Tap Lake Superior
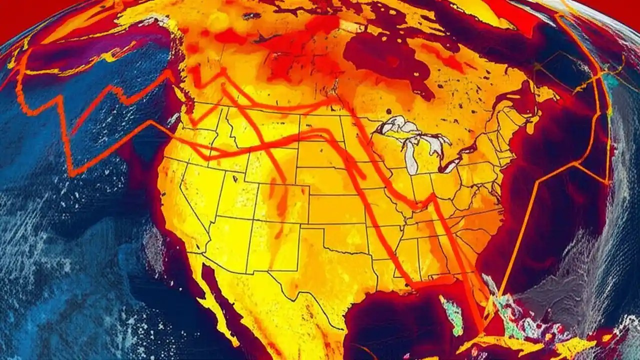400,125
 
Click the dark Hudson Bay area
385,60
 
